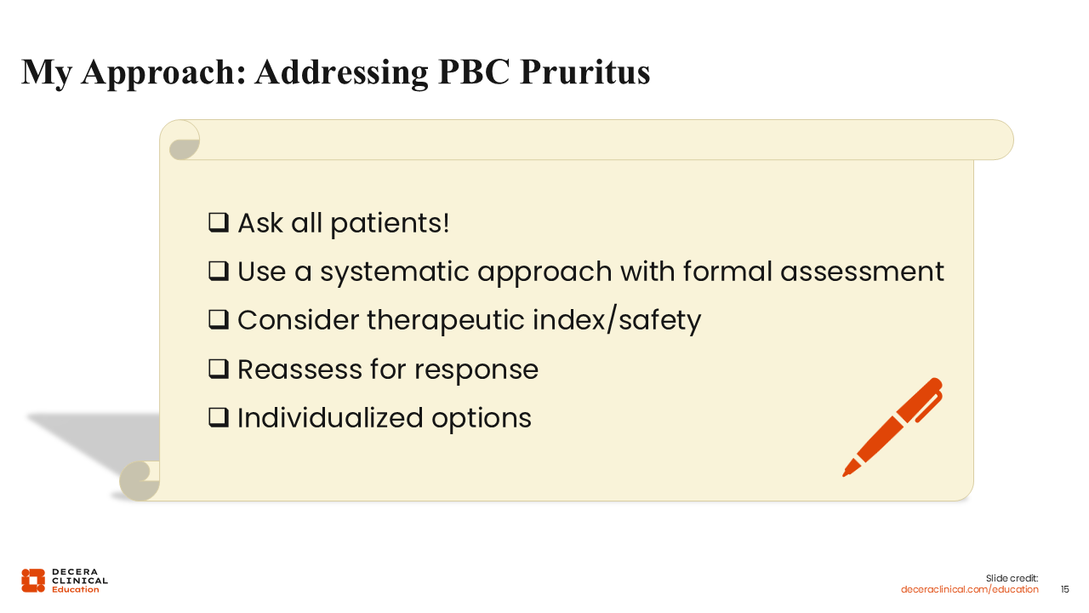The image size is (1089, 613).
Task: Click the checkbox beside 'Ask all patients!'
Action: (x=219, y=222)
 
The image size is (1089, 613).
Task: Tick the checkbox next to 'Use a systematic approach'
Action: (x=219, y=271)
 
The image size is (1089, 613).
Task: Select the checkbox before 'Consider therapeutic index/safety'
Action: (x=219, y=319)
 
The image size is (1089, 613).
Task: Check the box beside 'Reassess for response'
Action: (x=219, y=369)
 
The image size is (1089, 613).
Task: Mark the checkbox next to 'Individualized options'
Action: (x=219, y=417)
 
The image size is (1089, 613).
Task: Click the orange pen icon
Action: (x=892, y=427)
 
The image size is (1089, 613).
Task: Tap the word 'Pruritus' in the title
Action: (x=584, y=72)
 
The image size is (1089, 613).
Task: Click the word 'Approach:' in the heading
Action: (x=164, y=73)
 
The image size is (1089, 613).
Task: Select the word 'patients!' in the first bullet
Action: (x=390, y=223)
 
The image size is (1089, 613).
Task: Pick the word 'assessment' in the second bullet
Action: (x=862, y=271)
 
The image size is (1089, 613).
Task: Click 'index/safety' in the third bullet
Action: (x=617, y=319)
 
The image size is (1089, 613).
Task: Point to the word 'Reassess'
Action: (x=299, y=369)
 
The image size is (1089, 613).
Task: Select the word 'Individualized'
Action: (x=330, y=417)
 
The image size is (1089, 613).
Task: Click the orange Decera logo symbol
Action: (x=33, y=581)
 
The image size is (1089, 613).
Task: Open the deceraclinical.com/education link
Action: (x=969, y=589)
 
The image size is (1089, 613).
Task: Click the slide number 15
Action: (x=1064, y=589)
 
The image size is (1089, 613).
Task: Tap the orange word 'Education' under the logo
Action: (x=76, y=589)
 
